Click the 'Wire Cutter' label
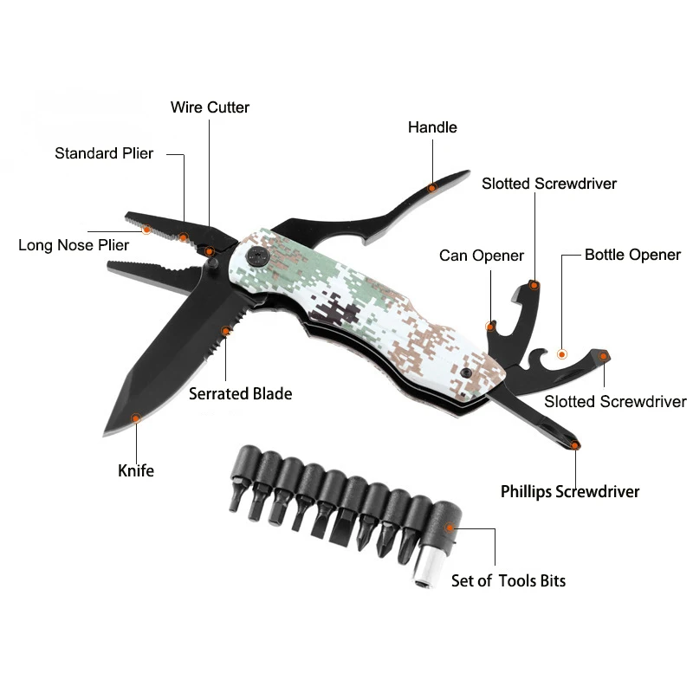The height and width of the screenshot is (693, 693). click(x=210, y=107)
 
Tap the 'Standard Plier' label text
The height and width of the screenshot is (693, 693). click(x=104, y=153)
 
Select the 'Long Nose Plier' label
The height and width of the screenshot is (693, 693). click(x=74, y=245)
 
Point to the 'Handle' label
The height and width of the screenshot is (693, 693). click(x=432, y=127)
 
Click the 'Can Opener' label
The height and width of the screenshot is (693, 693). click(x=482, y=256)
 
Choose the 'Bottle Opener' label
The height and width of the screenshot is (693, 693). click(x=632, y=255)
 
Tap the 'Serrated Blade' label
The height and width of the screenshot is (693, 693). click(x=241, y=394)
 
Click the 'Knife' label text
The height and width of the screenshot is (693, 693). click(x=136, y=470)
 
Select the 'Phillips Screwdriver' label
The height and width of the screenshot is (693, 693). click(x=570, y=491)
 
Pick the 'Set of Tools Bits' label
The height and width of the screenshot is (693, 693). click(x=508, y=580)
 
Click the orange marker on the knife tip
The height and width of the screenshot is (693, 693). click(x=136, y=418)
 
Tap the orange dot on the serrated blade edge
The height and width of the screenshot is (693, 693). click(x=226, y=331)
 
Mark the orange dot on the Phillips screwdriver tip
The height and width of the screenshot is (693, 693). click(x=574, y=445)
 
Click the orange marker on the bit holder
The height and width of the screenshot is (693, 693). click(x=450, y=528)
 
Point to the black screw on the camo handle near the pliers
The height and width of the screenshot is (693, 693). click(x=257, y=256)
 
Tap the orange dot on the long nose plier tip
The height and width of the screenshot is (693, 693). click(x=146, y=230)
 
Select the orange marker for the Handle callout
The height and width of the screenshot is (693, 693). click(x=432, y=188)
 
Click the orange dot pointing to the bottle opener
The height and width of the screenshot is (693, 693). click(x=561, y=354)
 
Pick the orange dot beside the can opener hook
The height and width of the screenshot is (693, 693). click(x=489, y=327)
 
